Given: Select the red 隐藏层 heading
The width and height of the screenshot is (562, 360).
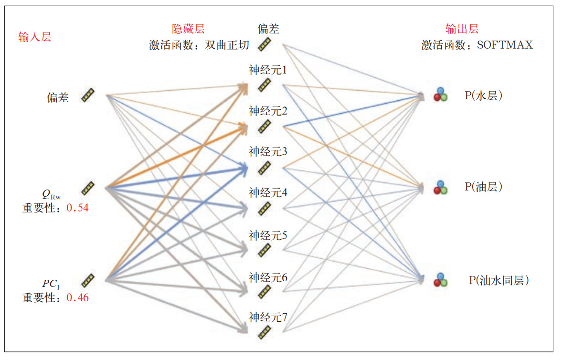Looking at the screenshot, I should click(188, 29).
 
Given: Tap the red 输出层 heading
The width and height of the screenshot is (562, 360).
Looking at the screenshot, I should click(462, 29).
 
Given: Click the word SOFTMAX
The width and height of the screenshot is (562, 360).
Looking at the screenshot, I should click(505, 45).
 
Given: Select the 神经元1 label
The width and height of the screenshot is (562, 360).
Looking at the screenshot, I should click(267, 71).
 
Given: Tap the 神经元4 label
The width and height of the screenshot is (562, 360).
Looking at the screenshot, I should click(267, 193).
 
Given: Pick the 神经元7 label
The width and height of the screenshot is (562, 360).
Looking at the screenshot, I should click(267, 317).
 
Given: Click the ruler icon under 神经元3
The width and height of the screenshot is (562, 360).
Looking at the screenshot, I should click(265, 168).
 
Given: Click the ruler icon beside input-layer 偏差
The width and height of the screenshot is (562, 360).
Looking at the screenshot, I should click(87, 95).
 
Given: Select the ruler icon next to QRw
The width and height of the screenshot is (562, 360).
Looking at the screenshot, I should click(87, 188).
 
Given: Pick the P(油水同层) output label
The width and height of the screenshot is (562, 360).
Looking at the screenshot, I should click(499, 280).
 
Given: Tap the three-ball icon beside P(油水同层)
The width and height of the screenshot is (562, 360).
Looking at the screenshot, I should click(440, 280).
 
